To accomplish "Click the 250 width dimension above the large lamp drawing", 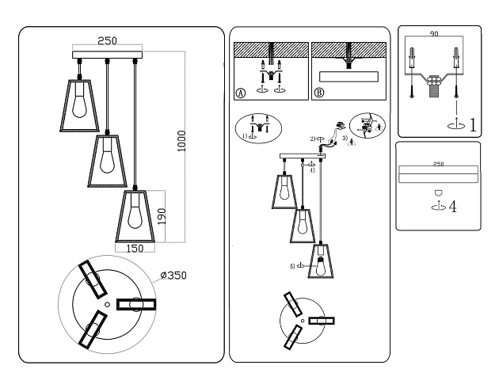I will pos(109,40).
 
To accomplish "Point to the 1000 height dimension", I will pos(181,143).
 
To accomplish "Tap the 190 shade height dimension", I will pos(162,215).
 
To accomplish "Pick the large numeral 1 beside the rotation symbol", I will pos(472,124).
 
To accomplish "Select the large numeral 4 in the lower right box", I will pos(453,207).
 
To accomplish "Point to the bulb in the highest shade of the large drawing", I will pos(79,102).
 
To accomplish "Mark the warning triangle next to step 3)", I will pos(352,143).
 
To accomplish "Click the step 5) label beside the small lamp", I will pos(292,266).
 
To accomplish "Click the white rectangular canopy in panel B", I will pos(348,78).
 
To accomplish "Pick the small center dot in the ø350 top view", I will pos(109,304).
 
